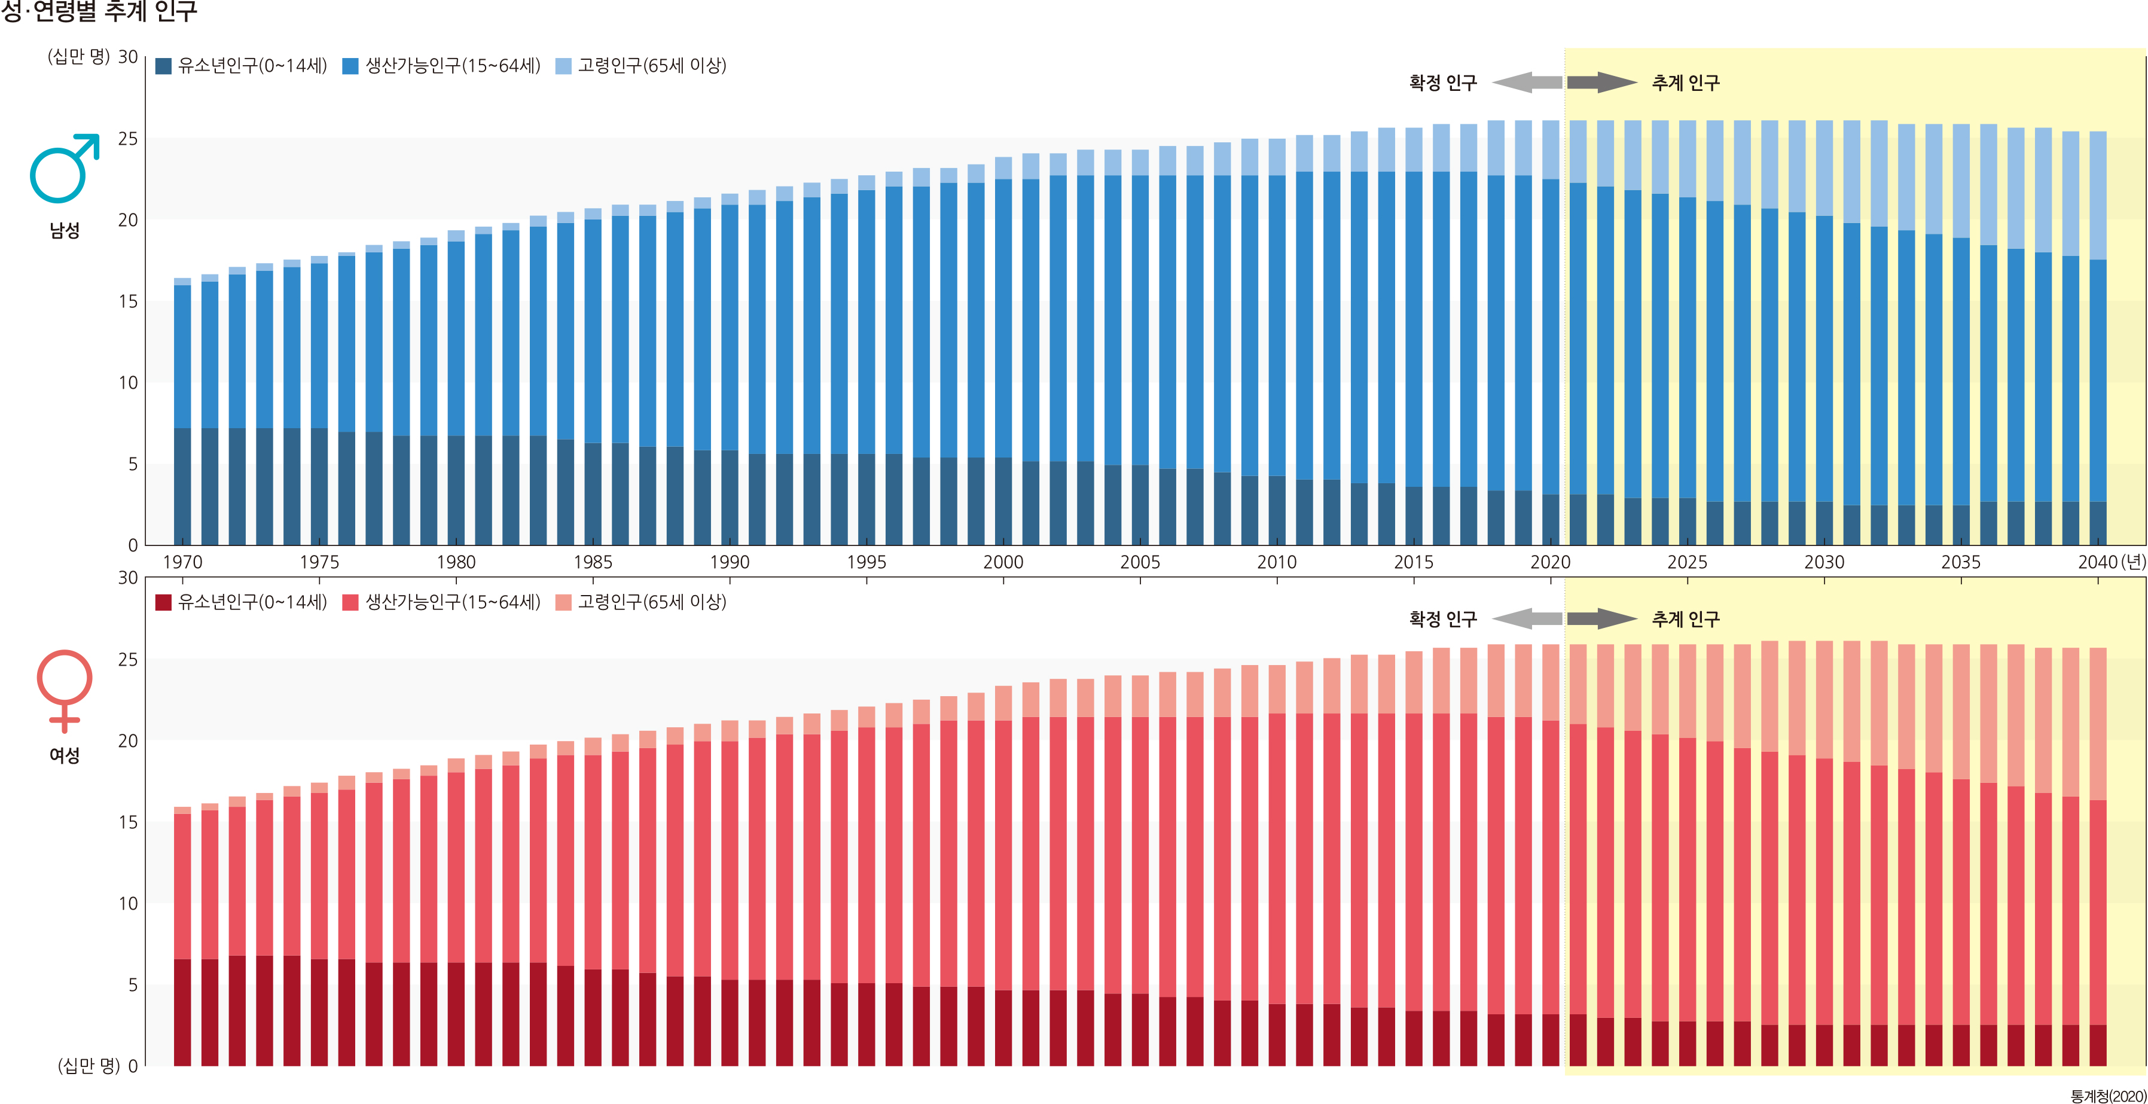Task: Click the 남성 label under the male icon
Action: tap(64, 231)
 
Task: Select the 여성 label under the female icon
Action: tap(64, 755)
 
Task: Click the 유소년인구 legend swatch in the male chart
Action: tap(163, 66)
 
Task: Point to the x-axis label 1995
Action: tap(866, 563)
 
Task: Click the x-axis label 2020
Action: tap(1550, 563)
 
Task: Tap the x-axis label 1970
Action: tap(182, 563)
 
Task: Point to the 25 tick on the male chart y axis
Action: tap(127, 138)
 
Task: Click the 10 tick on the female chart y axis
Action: tap(127, 904)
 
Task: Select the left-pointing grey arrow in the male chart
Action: tap(1526, 83)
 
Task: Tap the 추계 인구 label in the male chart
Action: tap(1685, 83)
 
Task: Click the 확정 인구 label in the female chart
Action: tap(1442, 619)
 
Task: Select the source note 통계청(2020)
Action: tap(2107, 1096)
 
